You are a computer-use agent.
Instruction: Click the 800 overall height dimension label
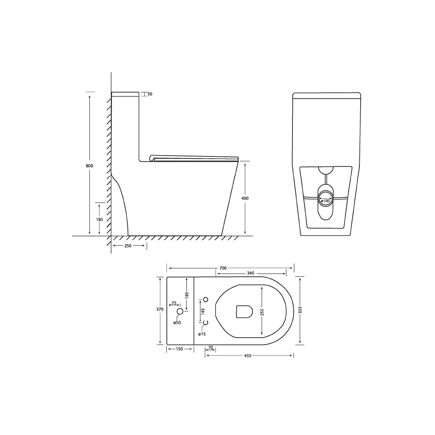pyautogui.click(x=89, y=166)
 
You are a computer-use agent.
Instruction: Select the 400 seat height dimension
pyautogui.click(x=245, y=198)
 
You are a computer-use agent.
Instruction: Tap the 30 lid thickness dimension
pyautogui.click(x=149, y=94)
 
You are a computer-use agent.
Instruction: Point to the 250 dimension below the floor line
pyautogui.click(x=128, y=246)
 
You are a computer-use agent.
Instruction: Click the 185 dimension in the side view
pyautogui.click(x=100, y=219)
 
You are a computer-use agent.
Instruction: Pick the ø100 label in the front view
pyautogui.click(x=326, y=201)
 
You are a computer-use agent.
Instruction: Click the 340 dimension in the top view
pyautogui.click(x=250, y=273)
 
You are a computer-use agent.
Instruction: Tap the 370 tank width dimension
pyautogui.click(x=159, y=309)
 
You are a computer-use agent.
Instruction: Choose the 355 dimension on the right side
pyautogui.click(x=300, y=309)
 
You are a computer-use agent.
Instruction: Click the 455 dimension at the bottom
pyautogui.click(x=248, y=355)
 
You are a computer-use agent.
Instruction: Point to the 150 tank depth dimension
pyautogui.click(x=179, y=349)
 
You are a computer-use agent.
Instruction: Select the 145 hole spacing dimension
pyautogui.click(x=203, y=311)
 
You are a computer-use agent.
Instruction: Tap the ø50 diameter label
pyautogui.click(x=177, y=322)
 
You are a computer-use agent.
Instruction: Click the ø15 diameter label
pyautogui.click(x=202, y=334)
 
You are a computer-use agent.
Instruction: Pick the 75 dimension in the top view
pyautogui.click(x=174, y=303)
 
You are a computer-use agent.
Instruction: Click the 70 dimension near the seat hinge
pyautogui.click(x=210, y=348)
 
